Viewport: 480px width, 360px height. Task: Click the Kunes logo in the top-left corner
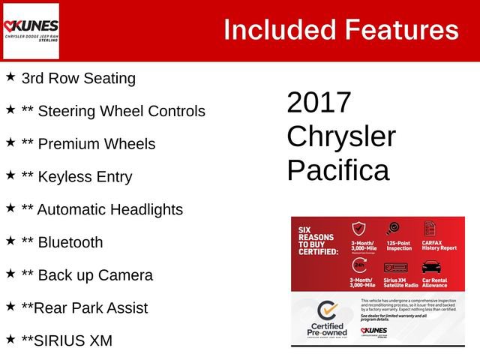point(31,31)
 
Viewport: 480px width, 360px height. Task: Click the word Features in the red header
point(402,30)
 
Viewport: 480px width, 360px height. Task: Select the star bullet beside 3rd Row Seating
point(10,76)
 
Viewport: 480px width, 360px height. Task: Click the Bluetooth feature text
point(70,242)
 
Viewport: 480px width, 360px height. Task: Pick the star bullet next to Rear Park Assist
point(10,306)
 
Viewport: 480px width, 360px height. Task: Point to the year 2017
point(319,103)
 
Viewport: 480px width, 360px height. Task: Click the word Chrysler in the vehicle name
point(341,136)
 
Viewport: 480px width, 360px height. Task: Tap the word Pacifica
point(338,170)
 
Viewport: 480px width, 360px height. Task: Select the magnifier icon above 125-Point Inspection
point(392,229)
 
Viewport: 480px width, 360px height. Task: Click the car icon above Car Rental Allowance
point(430,266)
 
